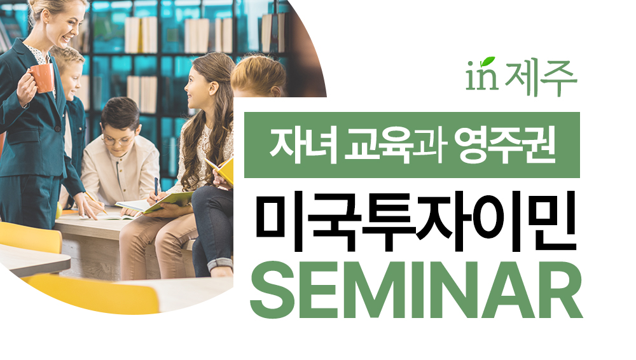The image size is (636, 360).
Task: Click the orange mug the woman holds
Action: pyautogui.click(x=41, y=78)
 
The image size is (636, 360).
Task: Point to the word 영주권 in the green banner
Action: pyautogui.click(x=504, y=145)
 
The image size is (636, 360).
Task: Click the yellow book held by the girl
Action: pyautogui.click(x=221, y=170)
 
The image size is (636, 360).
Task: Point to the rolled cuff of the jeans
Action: pyautogui.click(x=220, y=265)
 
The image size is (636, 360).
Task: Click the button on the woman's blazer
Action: pyautogui.click(x=57, y=128)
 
